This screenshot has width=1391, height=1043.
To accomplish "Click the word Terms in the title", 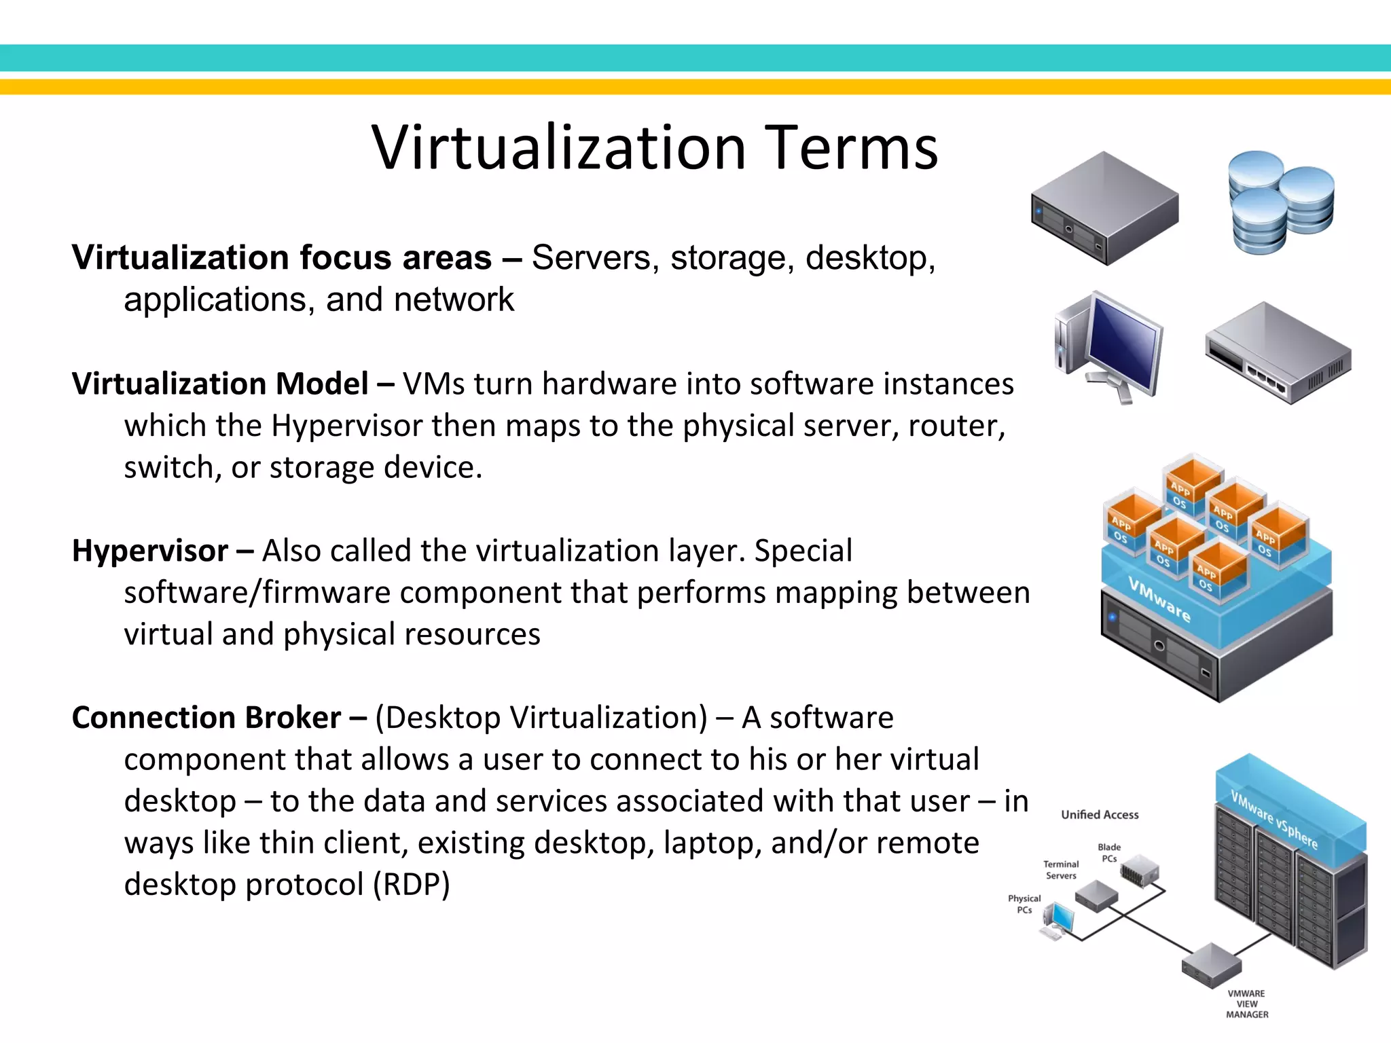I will (x=854, y=148).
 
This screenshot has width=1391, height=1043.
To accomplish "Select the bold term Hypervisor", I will (x=149, y=551).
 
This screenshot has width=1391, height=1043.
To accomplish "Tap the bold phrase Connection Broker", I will (x=206, y=718).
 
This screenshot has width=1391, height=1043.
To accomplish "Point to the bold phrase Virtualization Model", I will (x=220, y=384).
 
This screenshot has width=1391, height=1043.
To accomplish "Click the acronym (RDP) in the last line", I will (x=412, y=884).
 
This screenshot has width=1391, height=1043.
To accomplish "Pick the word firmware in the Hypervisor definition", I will (x=327, y=592).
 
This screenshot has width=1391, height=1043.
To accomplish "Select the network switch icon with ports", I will (x=1277, y=353).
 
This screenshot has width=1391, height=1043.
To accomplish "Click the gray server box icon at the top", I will (x=1104, y=207).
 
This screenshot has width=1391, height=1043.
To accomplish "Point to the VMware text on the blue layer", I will (x=1159, y=600).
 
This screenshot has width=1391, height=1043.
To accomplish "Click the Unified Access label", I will (x=1100, y=814).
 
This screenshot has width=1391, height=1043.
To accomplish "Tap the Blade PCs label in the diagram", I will (x=1109, y=853).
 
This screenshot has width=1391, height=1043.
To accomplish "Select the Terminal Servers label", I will (x=1061, y=870).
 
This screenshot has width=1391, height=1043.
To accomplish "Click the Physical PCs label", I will (x=1024, y=904).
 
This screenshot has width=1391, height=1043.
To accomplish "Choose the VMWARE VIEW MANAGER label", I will (x=1247, y=1004).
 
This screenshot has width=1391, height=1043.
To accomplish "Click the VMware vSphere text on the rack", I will (x=1274, y=820).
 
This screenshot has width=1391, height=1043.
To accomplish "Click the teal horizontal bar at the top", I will (x=695, y=58).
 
